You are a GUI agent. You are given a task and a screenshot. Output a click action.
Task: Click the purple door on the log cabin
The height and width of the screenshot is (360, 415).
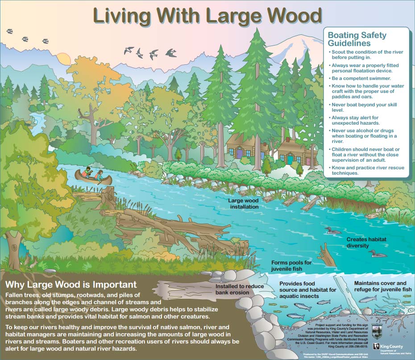(240, 153)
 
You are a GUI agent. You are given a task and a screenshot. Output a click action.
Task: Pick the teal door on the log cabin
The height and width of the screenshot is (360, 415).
(290, 159)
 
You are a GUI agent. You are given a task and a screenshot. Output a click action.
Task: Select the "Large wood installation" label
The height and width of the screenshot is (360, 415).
(243, 204)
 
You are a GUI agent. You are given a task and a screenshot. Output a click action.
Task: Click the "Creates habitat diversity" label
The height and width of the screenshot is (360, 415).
(366, 243)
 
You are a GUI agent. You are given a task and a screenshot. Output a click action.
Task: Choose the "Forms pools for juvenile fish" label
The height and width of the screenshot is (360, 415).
(292, 266)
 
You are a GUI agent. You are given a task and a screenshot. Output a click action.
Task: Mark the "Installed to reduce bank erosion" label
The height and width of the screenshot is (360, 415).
(240, 289)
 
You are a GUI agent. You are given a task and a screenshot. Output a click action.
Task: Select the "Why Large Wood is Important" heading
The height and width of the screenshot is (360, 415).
(70, 285)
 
